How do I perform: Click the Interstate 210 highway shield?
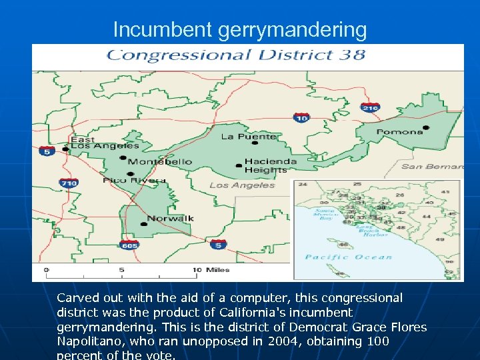(370, 107)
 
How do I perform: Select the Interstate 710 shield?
(69, 183)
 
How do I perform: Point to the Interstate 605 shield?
(129, 245)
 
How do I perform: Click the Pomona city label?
(399, 131)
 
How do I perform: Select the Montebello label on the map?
(159, 162)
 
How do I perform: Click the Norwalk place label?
(170, 218)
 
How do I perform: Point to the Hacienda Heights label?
(270, 165)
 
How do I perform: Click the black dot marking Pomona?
(426, 127)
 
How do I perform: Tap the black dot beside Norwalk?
(143, 224)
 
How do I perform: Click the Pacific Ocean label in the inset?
(348, 257)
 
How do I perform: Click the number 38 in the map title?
(353, 55)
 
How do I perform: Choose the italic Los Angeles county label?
(242, 185)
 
